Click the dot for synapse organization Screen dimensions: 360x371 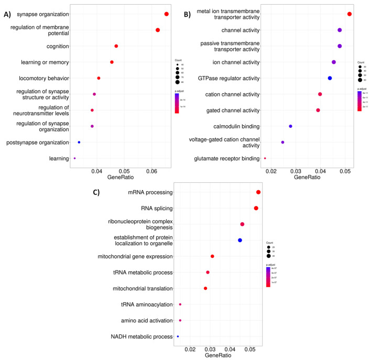coord(166,14)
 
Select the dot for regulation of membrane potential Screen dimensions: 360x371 coord(158,30)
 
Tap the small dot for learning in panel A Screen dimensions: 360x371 coord(75,158)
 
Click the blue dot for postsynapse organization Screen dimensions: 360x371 coord(79,142)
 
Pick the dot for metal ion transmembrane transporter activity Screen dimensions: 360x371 coord(350,14)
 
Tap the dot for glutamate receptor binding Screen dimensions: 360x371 coord(265,158)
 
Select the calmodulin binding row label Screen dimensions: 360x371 coord(236,126)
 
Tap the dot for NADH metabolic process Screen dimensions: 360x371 coord(178,336)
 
